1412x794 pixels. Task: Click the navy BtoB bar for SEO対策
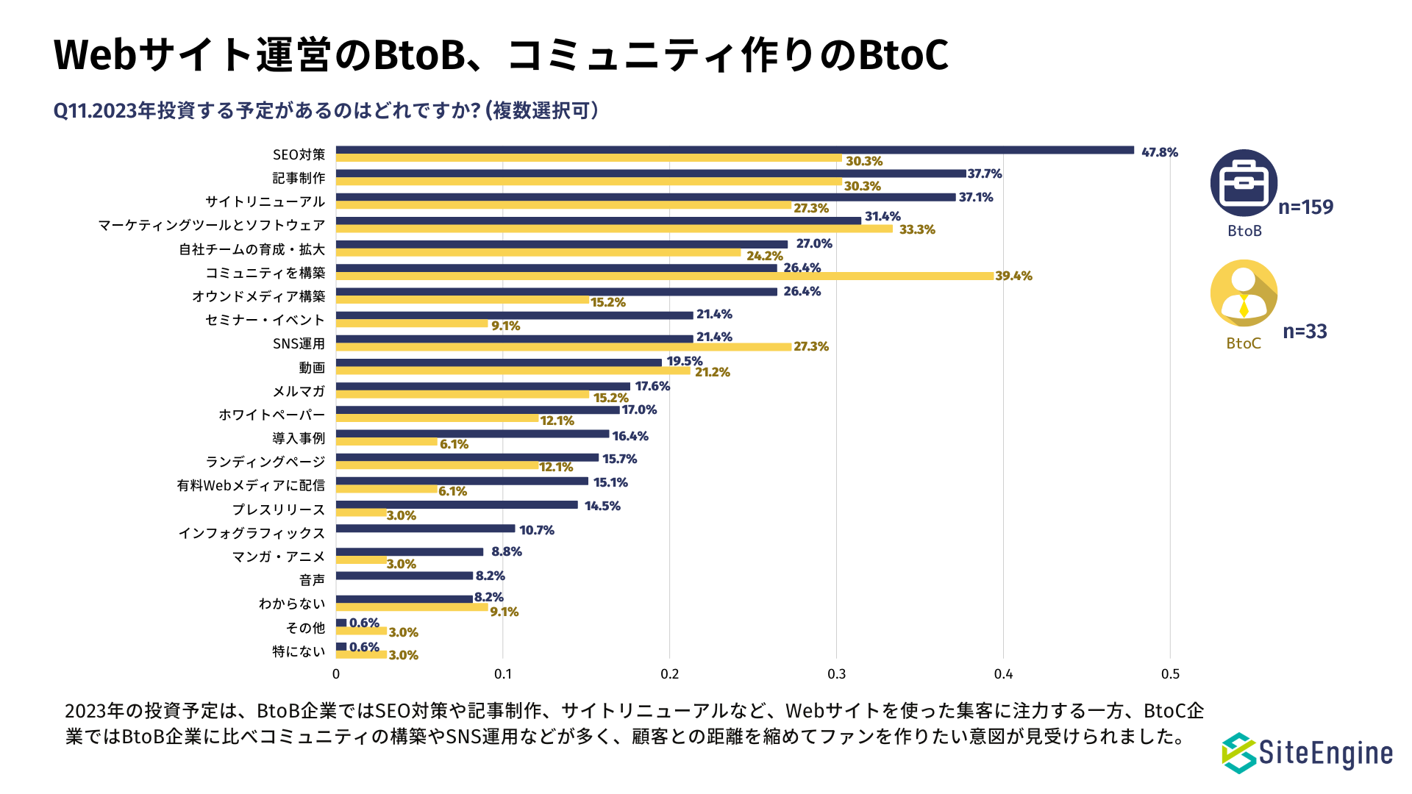tap(735, 150)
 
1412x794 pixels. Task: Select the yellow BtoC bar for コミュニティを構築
tap(665, 276)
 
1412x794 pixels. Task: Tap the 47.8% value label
tap(1160, 152)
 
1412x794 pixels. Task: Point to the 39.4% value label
tap(1013, 276)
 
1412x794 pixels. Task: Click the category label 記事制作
tap(299, 178)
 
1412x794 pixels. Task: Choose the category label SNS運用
tap(299, 343)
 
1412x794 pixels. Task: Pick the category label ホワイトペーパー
tap(271, 415)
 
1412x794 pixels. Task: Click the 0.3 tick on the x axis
tap(836, 674)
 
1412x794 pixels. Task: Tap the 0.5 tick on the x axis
tap(1170, 674)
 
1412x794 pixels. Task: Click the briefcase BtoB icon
tap(1244, 183)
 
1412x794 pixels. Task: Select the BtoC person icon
tap(1244, 293)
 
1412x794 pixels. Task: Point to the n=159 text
tap(1305, 207)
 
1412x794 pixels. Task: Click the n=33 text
tap(1305, 332)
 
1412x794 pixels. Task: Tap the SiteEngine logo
tap(1307, 753)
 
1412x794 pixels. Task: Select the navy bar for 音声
tap(404, 576)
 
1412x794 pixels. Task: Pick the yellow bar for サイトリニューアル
tap(563, 206)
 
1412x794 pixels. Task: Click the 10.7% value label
tap(537, 530)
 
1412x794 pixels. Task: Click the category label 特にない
tap(299, 651)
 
